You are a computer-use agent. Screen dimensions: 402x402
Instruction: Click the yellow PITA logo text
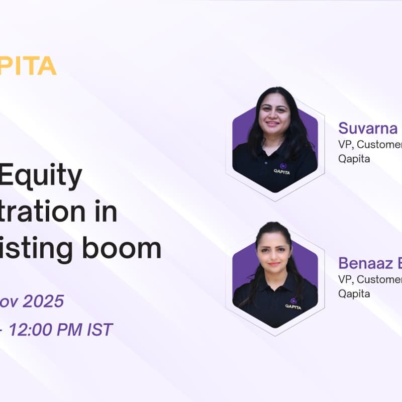click(x=28, y=66)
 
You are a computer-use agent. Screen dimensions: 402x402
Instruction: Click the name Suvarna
click(x=368, y=128)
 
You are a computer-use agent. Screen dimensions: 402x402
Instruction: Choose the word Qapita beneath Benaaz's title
click(x=354, y=293)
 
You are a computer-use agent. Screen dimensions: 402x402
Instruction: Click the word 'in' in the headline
click(x=106, y=213)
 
